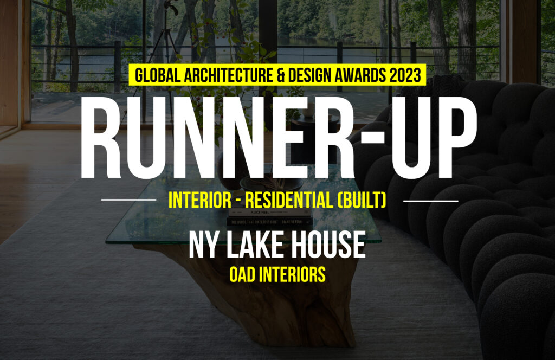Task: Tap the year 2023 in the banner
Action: [x=405, y=75]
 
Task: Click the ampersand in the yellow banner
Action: [x=281, y=75]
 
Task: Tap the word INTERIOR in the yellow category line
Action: [x=199, y=200]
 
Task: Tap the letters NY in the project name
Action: [x=203, y=245]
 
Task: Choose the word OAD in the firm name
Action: [x=242, y=274]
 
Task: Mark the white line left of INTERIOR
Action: [x=128, y=200]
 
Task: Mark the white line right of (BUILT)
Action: [x=431, y=201]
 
